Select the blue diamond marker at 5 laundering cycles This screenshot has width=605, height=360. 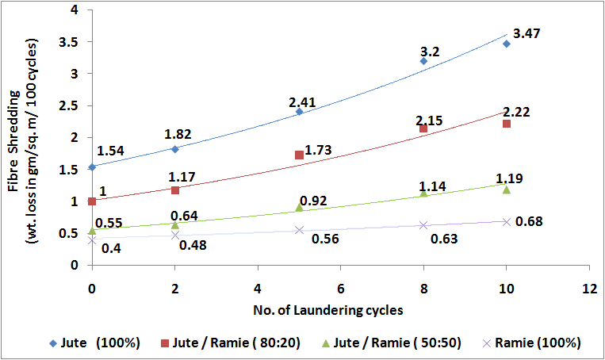click(x=299, y=112)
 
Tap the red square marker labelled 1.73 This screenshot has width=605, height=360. click(x=299, y=155)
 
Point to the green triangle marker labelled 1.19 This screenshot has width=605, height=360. click(x=506, y=190)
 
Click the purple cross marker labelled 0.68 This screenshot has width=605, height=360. click(x=506, y=221)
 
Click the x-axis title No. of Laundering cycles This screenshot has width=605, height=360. click(x=340, y=308)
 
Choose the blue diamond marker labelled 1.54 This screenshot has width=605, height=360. click(x=92, y=167)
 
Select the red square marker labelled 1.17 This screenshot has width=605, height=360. click(x=174, y=190)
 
